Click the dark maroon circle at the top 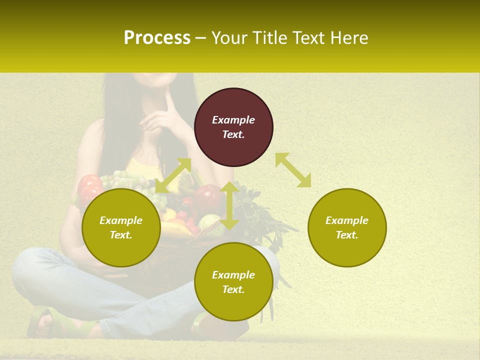tap(233, 127)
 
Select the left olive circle tap(121, 227)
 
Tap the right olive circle tap(347, 227)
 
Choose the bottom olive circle tap(233, 282)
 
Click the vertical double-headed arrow tap(229, 205)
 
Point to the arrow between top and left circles tap(173, 175)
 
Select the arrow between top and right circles tap(293, 170)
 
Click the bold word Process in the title tap(157, 37)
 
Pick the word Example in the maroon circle tap(233, 120)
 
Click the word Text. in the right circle tap(347, 235)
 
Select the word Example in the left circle tap(121, 220)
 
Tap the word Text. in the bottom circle tap(233, 289)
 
